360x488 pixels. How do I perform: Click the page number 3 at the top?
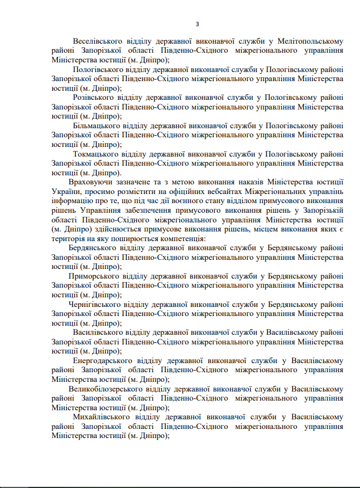(196, 23)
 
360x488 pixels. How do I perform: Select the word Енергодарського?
(101, 360)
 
